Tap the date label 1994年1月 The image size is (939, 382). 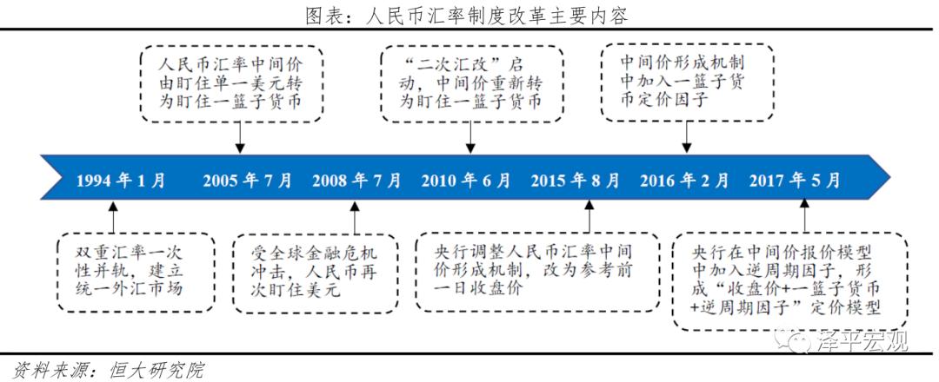point(121,181)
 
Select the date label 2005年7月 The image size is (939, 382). point(248,181)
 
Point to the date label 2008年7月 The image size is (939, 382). point(357,181)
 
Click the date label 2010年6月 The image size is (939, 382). point(466,181)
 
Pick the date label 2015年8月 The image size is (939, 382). point(576,181)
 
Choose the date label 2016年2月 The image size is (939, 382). point(685,181)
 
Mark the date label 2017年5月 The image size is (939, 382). point(795,181)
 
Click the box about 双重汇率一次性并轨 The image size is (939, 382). point(137,272)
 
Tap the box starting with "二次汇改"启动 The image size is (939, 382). point(470,83)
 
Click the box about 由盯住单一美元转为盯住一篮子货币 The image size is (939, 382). point(230,83)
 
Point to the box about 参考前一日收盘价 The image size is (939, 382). point(536,271)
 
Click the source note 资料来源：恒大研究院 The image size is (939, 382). point(103,371)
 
